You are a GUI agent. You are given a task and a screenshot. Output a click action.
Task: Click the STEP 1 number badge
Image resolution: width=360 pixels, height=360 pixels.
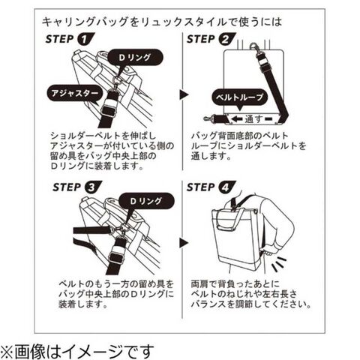pyautogui.click(x=85, y=40)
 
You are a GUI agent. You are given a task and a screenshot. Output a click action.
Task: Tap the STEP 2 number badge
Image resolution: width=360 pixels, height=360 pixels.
pyautogui.click(x=226, y=40)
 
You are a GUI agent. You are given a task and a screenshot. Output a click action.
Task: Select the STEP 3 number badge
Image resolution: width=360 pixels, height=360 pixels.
pyautogui.click(x=93, y=187)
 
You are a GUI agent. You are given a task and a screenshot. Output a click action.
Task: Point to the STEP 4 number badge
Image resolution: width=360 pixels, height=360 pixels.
pyautogui.click(x=226, y=187)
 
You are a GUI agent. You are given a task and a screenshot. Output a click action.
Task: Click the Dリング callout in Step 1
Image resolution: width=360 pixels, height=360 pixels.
pyautogui.click(x=135, y=58)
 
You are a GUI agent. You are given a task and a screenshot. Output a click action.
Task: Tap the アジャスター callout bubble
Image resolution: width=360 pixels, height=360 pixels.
pyautogui.click(x=75, y=94)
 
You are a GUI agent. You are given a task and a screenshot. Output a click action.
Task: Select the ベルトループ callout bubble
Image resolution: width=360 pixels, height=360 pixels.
pyautogui.click(x=240, y=97)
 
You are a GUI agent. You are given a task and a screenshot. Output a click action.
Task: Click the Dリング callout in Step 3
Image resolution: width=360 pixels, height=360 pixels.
pyautogui.click(x=146, y=201)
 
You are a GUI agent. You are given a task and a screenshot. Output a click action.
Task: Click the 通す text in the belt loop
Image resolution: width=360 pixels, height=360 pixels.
pyautogui.click(x=253, y=118)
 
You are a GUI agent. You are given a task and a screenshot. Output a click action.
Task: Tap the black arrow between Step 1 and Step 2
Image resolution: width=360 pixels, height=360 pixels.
pyautogui.click(x=184, y=94)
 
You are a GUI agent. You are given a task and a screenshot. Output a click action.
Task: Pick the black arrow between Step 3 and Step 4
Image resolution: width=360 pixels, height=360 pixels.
pyautogui.click(x=184, y=243)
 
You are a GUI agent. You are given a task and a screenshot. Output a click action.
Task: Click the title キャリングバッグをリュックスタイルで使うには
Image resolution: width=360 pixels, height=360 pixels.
pyautogui.click(x=162, y=22)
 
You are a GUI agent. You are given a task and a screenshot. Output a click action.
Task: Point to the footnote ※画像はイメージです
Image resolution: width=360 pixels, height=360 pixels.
pyautogui.click(x=76, y=351)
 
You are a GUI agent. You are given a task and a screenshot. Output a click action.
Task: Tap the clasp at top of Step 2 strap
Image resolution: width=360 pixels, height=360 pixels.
pyautogui.click(x=256, y=49)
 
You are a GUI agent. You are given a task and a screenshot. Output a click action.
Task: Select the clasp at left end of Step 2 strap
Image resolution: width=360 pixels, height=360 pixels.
pyautogui.click(x=210, y=118)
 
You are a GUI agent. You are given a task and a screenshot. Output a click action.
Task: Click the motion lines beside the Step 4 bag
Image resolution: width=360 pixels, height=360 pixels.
pyautogui.click(x=278, y=264)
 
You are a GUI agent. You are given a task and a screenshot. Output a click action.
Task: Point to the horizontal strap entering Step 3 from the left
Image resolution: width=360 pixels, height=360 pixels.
pyautogui.click(x=92, y=230)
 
